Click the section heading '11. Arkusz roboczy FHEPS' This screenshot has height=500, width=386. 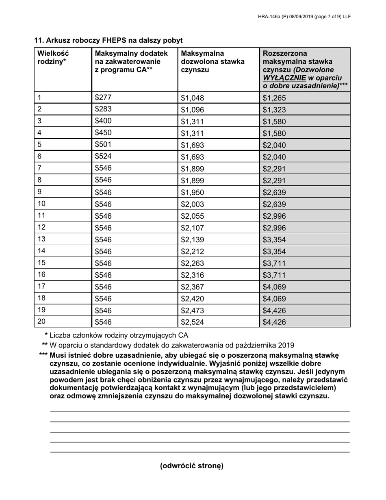tap(108, 40)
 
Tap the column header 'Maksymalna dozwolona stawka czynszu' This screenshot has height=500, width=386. tap(213, 62)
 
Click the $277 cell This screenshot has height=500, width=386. tap(103, 98)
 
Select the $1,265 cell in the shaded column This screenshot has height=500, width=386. tap(274, 98)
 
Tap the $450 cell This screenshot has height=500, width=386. tap(103, 133)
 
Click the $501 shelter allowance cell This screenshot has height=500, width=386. tap(103, 144)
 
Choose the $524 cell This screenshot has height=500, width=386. tap(103, 156)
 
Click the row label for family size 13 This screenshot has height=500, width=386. tap(42, 239)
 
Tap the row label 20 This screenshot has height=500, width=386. tap(42, 322)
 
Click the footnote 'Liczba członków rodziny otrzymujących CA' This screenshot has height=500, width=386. tap(119, 336)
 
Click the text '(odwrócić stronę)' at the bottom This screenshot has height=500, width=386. tap(192, 466)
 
